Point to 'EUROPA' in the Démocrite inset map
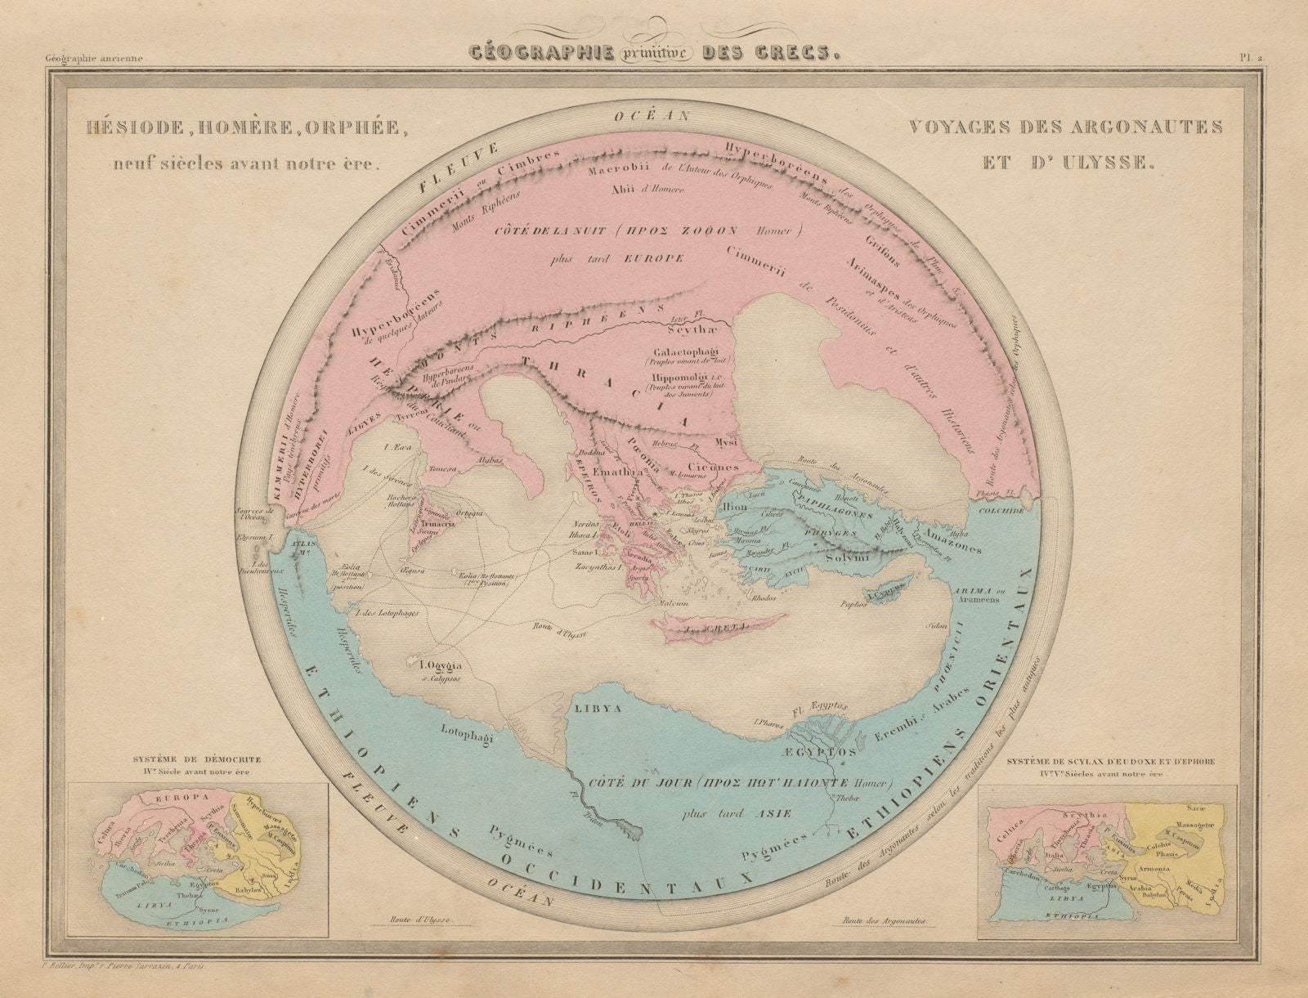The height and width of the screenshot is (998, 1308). (x=176, y=794)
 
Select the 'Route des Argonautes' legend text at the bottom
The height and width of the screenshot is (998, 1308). (x=885, y=920)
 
